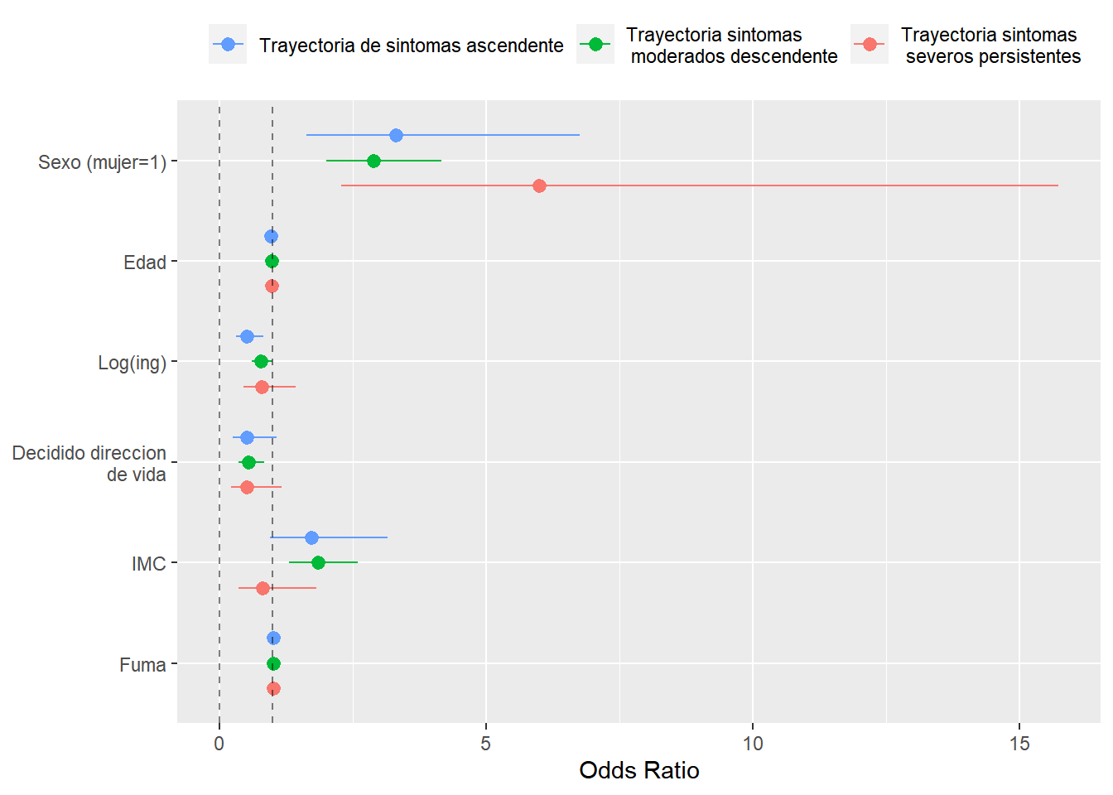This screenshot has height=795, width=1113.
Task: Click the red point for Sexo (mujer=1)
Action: pyautogui.click(x=539, y=185)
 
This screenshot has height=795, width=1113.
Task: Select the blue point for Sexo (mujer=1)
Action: pyautogui.click(x=396, y=135)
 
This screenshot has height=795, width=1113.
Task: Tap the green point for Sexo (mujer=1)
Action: pyautogui.click(x=373, y=161)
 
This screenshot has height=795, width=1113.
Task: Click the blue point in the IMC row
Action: pyautogui.click(x=311, y=537)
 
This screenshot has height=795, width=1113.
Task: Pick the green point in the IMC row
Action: pyautogui.click(x=318, y=562)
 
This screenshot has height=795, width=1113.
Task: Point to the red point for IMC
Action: pyautogui.click(x=263, y=588)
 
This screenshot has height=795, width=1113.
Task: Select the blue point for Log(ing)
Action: pyautogui.click(x=247, y=336)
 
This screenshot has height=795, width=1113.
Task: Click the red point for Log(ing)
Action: pyautogui.click(x=262, y=387)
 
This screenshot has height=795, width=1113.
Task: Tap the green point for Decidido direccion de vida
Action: pyautogui.click(x=248, y=462)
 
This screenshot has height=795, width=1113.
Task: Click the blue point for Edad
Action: pyautogui.click(x=271, y=236)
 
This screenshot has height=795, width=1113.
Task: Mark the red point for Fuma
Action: pyautogui.click(x=273, y=688)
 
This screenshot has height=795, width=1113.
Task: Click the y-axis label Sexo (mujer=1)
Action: pyautogui.click(x=102, y=162)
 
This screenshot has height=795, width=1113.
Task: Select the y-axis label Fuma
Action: pyautogui.click(x=142, y=665)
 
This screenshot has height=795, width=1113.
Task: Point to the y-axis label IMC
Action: pyautogui.click(x=148, y=564)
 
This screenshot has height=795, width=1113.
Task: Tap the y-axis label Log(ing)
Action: pyautogui.click(x=132, y=363)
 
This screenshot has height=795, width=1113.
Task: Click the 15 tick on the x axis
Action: pyautogui.click(x=1019, y=744)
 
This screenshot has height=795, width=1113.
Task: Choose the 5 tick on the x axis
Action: pyautogui.click(x=486, y=744)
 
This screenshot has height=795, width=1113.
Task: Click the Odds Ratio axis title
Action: pyautogui.click(x=638, y=771)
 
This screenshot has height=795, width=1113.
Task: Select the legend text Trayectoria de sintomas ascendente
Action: pyautogui.click(x=411, y=46)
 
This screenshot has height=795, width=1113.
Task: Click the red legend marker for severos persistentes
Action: pyautogui.click(x=870, y=45)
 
